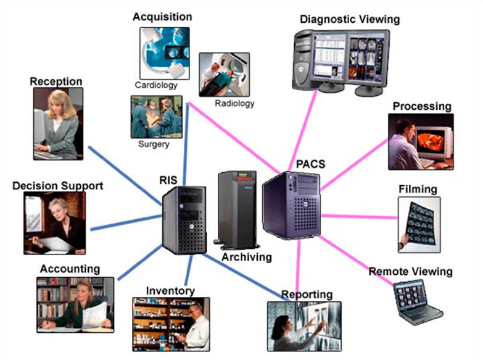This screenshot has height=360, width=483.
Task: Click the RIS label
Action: [x=168, y=180]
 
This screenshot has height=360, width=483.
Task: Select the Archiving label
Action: [x=246, y=256]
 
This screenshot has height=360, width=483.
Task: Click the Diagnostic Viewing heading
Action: [x=349, y=19]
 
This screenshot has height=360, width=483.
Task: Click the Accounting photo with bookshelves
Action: [x=75, y=304]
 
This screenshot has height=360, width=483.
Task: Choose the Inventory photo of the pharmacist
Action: [x=171, y=324]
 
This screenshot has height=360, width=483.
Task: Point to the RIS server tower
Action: [x=184, y=220]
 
